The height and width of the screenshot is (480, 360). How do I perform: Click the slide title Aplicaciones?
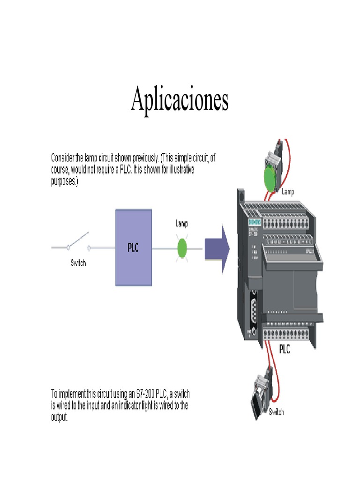[x=180, y=99]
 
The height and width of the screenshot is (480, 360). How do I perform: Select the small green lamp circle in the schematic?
[x=182, y=248]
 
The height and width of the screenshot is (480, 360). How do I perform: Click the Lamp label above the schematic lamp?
[x=182, y=224]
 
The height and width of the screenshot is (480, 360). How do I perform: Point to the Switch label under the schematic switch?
[x=78, y=263]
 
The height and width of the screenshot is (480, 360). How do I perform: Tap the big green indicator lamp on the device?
[x=269, y=178]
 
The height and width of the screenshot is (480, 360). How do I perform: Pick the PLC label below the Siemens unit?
[x=285, y=349]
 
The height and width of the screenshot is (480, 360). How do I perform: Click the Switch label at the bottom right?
[x=276, y=412]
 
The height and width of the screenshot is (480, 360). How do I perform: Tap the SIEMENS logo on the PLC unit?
[x=255, y=222]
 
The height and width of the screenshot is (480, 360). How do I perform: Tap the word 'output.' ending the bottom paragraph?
[x=60, y=417]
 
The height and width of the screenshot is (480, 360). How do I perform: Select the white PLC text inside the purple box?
[x=134, y=247]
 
